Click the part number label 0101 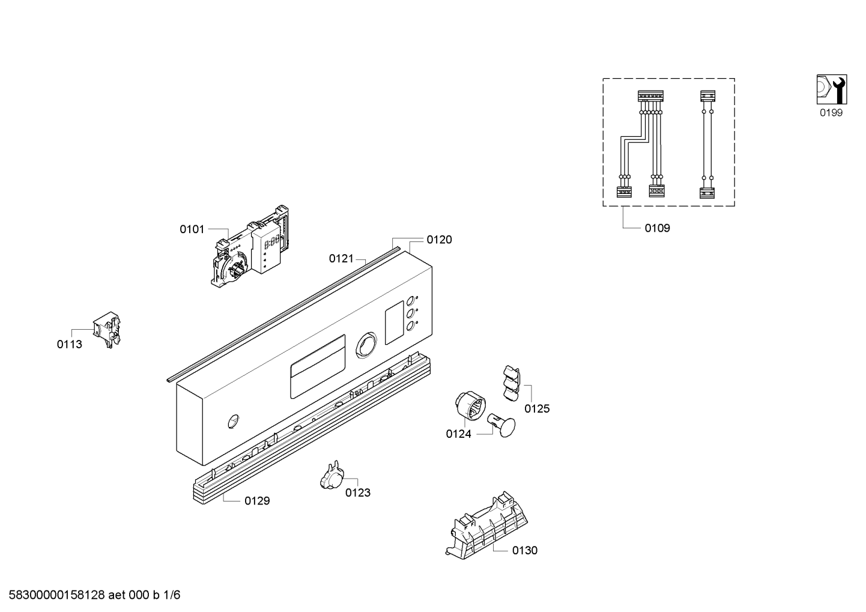(x=192, y=229)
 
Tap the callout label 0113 (x=70, y=344)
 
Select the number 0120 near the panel (x=439, y=240)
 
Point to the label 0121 (x=341, y=258)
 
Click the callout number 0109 (x=657, y=228)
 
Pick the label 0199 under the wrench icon (x=831, y=112)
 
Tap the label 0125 (x=537, y=408)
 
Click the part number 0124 (x=458, y=434)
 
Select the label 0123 (x=358, y=492)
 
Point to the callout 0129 (x=257, y=501)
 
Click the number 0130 (x=525, y=551)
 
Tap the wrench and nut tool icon (x=832, y=89)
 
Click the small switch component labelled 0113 (x=107, y=330)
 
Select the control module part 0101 (x=250, y=247)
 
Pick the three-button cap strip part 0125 (x=512, y=383)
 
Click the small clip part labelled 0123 (x=332, y=475)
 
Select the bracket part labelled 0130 (x=486, y=526)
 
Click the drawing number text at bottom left (x=94, y=595)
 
